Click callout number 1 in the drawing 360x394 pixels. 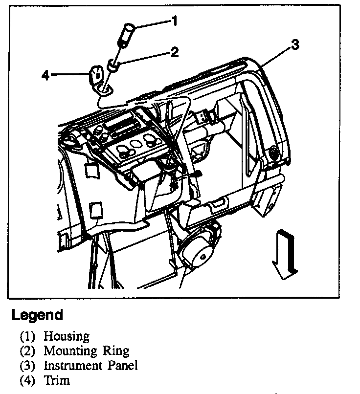[174, 21]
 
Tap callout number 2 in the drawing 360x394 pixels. [174, 52]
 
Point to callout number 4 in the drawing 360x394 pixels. [45, 75]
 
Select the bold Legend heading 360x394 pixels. [37, 315]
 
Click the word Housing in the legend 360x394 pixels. [66, 336]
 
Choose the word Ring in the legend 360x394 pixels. [116, 351]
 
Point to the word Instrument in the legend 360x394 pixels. [73, 365]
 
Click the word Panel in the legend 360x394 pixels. [123, 365]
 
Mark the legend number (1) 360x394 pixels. [27, 336]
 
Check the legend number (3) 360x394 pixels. [27, 365]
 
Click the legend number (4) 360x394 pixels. [27, 380]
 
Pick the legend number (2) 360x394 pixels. [27, 351]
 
